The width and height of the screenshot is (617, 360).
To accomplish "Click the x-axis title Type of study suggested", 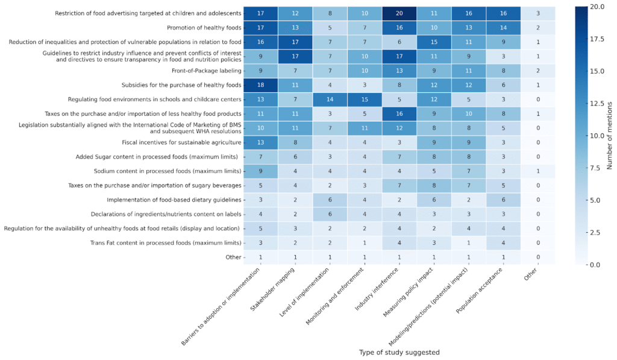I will [399, 352].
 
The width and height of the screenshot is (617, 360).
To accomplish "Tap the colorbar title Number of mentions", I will [610, 136].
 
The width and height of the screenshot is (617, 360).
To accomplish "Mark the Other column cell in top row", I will [538, 13].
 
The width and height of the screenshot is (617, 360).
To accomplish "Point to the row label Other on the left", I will [233, 257].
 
